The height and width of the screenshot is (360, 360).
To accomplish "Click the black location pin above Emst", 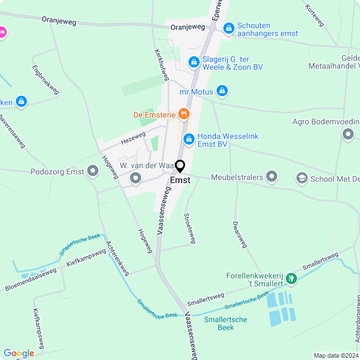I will point(180,166).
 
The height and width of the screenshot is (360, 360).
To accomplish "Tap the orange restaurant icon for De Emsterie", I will point(183,115).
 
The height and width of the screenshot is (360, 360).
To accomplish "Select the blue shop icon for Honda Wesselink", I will point(189,138).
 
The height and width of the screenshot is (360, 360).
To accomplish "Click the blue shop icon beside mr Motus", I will point(222,91).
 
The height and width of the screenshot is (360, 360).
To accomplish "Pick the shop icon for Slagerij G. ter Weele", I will point(193,62).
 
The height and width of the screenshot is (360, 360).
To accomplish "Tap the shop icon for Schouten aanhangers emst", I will point(228,28).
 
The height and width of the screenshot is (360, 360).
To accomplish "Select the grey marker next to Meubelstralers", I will point(272,177).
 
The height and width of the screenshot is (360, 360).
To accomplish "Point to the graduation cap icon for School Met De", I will point(301,178).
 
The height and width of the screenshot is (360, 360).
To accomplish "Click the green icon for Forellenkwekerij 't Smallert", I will point(291,278).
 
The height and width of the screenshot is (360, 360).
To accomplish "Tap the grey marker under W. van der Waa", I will point(136,179).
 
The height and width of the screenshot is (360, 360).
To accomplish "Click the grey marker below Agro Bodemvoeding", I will point(348,134).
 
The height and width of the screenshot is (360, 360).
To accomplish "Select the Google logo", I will point(19,353).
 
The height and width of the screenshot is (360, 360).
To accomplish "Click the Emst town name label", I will point(180,181).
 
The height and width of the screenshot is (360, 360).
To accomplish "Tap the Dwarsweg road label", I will point(240,233).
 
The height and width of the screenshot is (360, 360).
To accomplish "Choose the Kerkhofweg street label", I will point(161,63).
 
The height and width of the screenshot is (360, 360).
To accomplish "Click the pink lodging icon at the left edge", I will point(2,33).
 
